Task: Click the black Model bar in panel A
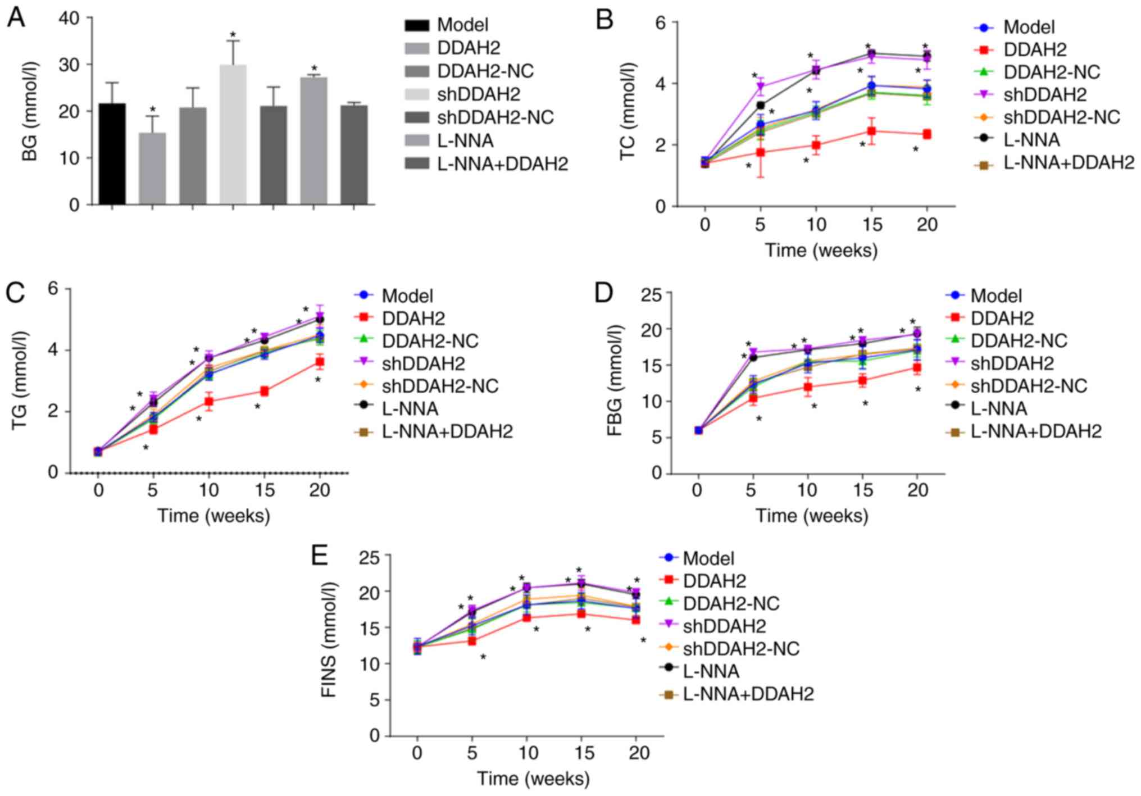point(112,154)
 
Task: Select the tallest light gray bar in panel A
point(233,135)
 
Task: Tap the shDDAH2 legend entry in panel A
point(478,94)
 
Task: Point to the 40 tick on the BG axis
point(74,18)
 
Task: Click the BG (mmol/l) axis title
point(30,111)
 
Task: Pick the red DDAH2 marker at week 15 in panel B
point(871,131)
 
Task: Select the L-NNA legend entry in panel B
point(1031,140)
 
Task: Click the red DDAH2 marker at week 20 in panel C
point(320,362)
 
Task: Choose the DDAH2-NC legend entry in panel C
point(430,341)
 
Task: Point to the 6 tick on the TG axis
point(53,289)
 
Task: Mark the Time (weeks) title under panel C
point(213,516)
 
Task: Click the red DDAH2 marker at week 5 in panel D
point(753,399)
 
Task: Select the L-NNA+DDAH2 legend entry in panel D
point(1035,431)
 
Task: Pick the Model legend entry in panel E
point(708,558)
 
